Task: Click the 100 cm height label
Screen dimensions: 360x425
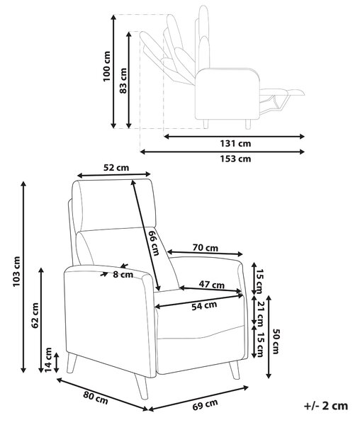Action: coord(107,66)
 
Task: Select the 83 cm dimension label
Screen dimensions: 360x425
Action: coord(123,81)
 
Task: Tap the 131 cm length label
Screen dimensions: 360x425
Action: coord(235,143)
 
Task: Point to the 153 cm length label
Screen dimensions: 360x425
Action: coord(235,159)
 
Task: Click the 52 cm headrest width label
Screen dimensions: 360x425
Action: coord(116,168)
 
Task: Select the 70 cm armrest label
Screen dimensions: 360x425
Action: coord(206,247)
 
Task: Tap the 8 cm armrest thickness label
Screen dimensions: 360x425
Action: coord(123,275)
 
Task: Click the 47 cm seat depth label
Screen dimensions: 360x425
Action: coord(212,285)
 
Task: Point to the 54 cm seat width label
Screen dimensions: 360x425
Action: coord(204,305)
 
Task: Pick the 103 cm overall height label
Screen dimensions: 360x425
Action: coord(16,271)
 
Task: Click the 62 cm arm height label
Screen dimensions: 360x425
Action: coord(35,315)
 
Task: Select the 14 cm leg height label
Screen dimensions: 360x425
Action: coord(48,360)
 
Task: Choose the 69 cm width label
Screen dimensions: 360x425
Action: coord(206,404)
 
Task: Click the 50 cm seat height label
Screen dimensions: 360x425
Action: coord(276,341)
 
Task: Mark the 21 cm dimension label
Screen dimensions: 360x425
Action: coord(260,314)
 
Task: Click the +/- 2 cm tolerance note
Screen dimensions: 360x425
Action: coord(326,406)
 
